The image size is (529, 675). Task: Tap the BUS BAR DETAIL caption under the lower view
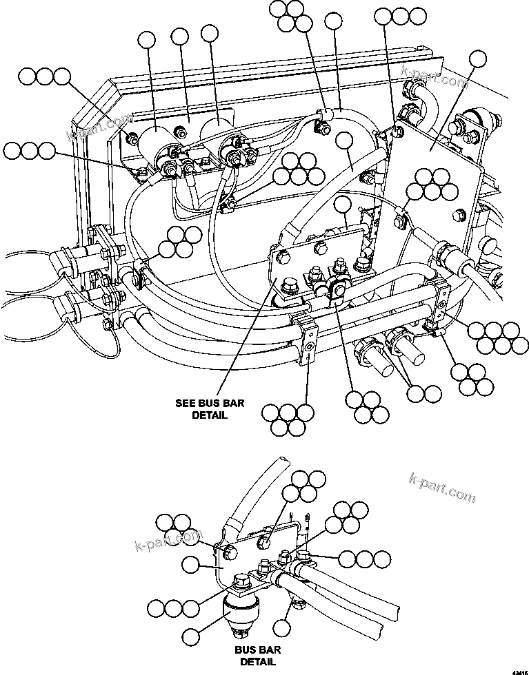click(x=257, y=656)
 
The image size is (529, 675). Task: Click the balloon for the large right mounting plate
click(x=477, y=60)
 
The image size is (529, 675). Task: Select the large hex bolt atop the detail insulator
click(x=241, y=581)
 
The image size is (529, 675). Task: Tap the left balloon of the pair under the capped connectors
click(x=416, y=393)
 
